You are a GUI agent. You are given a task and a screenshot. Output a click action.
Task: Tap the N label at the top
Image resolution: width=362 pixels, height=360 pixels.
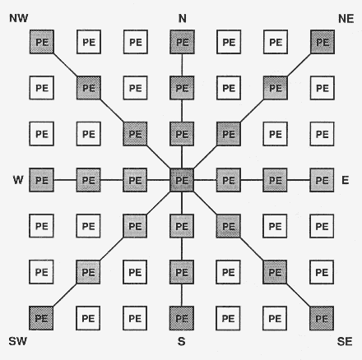(182, 17)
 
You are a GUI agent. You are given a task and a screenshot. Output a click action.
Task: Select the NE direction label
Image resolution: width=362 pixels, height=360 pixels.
(346, 17)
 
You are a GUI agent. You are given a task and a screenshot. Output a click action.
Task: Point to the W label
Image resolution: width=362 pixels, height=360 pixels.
(17, 178)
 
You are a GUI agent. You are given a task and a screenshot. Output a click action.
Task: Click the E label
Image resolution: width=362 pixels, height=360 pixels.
(345, 178)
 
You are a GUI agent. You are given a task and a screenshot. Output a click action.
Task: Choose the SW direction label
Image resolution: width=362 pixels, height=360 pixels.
(17, 340)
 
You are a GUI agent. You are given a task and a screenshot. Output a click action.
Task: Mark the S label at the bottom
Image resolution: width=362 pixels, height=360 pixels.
(182, 340)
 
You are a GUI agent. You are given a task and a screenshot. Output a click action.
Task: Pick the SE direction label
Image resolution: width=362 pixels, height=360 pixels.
(346, 340)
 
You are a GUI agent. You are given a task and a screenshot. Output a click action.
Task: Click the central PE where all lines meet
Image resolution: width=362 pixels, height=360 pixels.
(182, 178)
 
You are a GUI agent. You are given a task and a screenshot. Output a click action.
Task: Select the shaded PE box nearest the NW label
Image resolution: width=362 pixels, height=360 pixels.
(41, 40)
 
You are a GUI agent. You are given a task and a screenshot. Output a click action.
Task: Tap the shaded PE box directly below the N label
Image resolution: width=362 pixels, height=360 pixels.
(182, 40)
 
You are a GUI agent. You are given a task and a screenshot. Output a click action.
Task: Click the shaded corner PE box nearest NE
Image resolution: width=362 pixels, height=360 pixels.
(323, 40)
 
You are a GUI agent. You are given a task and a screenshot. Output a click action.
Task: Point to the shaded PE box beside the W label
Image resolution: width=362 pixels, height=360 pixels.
(41, 178)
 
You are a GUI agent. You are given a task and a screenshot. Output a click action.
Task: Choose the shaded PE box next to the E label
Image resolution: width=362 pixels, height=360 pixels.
(323, 178)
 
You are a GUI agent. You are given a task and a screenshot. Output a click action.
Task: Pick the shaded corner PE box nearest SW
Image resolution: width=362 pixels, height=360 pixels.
(41, 316)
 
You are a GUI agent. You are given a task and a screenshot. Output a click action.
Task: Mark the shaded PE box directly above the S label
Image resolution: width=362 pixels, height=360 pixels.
(182, 316)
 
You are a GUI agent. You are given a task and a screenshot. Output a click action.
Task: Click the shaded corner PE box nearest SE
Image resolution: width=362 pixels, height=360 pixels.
(323, 316)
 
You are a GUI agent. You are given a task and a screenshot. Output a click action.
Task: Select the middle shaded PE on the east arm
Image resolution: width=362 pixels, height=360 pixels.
(276, 178)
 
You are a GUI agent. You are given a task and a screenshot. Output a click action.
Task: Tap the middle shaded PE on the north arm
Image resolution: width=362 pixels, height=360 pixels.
(182, 86)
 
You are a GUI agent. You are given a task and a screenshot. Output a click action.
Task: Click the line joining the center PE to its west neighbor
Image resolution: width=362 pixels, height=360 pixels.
(159, 178)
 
